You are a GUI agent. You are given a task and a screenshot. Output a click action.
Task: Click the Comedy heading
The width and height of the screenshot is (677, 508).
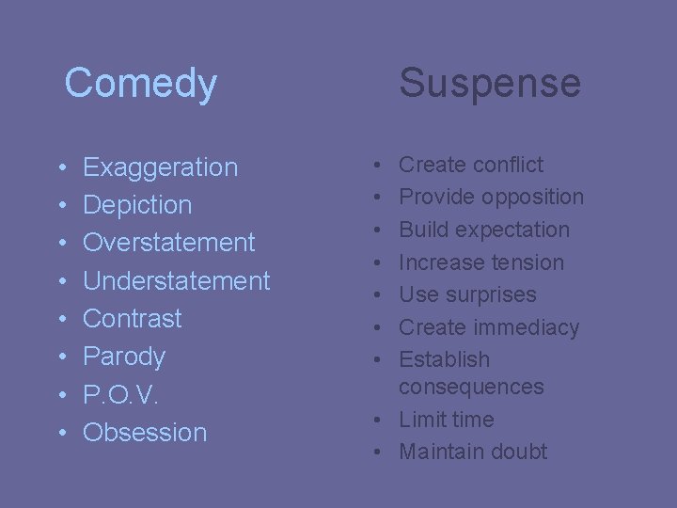pyautogui.click(x=141, y=83)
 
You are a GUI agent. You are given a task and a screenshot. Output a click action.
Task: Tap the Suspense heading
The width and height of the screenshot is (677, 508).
pyautogui.click(x=490, y=83)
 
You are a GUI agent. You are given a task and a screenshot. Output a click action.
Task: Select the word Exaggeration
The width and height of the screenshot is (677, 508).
pyautogui.click(x=160, y=167)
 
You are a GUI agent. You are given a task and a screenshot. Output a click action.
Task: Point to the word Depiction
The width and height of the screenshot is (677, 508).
pyautogui.click(x=137, y=205)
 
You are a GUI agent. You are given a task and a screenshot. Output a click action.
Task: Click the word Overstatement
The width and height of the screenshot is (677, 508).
pyautogui.click(x=169, y=243)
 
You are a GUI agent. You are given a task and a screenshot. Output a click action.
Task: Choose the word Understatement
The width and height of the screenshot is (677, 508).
pyautogui.click(x=177, y=280)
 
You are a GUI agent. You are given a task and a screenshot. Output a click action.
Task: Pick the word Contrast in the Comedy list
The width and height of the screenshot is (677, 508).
pyautogui.click(x=133, y=318)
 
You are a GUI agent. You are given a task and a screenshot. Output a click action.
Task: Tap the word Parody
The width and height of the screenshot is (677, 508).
pyautogui.click(x=124, y=357)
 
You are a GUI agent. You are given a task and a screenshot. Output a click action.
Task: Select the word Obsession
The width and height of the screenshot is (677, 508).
pyautogui.click(x=145, y=433)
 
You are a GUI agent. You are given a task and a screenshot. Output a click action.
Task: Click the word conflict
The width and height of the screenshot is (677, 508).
pyautogui.click(x=508, y=165)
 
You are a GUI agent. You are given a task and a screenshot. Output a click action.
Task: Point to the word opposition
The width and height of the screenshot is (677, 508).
pyautogui.click(x=532, y=197)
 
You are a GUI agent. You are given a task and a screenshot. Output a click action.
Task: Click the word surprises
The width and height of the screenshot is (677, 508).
pyautogui.click(x=493, y=294)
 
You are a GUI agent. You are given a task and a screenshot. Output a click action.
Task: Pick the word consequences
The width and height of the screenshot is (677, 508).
pyautogui.click(x=471, y=387)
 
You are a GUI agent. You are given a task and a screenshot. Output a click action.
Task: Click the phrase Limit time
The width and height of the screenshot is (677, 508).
pyautogui.click(x=446, y=420)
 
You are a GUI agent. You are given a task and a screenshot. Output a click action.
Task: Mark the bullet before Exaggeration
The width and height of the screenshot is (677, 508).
pyautogui.click(x=60, y=168)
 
